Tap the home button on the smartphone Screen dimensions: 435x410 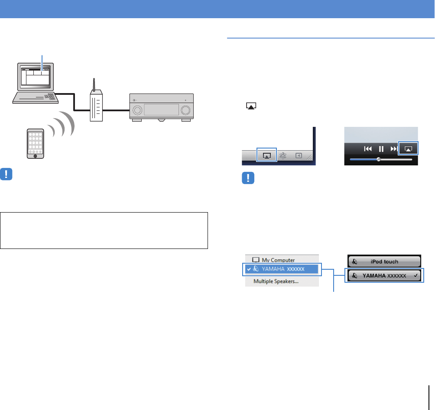36,155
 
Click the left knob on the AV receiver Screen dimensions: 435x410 137,110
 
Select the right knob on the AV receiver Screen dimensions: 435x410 186,110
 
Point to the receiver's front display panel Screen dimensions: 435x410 161,110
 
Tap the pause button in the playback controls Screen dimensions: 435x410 381,149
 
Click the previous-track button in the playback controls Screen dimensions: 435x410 368,149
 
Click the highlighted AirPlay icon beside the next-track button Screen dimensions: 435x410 408,149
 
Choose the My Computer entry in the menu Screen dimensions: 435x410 273,260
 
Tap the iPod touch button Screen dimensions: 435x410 385,261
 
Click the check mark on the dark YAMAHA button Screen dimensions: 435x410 416,275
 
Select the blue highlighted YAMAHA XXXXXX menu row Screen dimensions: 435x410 280,269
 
